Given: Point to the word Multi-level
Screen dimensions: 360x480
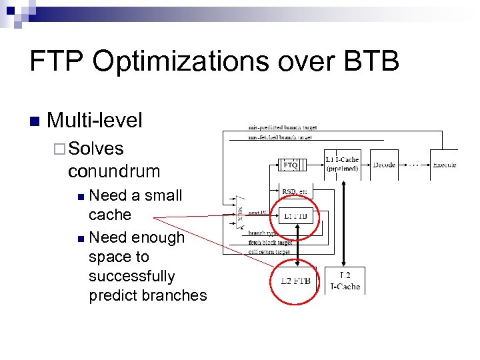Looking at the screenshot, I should (95, 121).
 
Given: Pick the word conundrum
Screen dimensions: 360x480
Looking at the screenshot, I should (114, 171).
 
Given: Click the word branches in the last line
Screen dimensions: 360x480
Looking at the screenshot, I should (179, 295).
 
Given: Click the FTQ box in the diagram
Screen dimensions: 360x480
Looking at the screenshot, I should (289, 165).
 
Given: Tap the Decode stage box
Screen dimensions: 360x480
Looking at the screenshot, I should (384, 164).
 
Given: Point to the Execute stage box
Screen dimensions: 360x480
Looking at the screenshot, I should (444, 164).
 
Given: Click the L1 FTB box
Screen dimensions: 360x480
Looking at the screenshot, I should (296, 216).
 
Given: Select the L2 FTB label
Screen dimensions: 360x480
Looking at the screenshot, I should (296, 281).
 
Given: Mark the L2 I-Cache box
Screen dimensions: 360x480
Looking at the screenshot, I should (345, 281).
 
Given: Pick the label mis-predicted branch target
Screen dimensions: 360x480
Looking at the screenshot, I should (282, 127).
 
